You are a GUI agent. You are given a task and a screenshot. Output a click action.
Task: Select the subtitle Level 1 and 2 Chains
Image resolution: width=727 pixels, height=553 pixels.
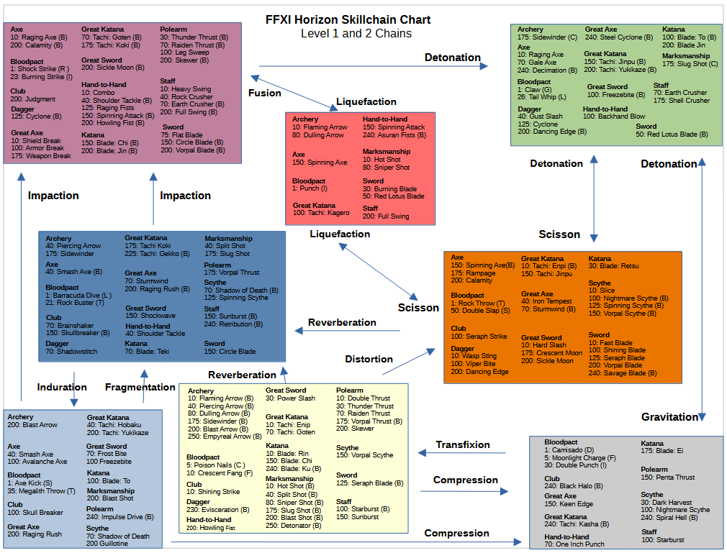[x=356, y=34]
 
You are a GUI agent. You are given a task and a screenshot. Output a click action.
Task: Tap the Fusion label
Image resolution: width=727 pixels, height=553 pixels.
[x=264, y=93]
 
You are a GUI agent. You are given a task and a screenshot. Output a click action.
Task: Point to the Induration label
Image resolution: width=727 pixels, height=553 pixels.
[x=62, y=388]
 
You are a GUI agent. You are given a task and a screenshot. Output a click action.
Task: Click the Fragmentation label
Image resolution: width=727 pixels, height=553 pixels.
[x=140, y=388]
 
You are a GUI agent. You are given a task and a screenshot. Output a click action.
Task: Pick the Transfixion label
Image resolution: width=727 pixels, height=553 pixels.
[x=462, y=445]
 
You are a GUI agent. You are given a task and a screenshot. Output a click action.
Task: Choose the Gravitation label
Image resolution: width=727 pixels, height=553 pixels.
[x=669, y=417]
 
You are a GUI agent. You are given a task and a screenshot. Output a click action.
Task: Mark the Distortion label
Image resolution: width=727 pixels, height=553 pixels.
[x=369, y=359]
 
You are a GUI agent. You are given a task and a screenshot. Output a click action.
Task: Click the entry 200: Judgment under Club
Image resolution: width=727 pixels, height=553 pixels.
[x=33, y=99]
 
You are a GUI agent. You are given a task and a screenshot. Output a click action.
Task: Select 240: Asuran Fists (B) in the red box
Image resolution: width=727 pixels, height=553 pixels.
[x=394, y=135]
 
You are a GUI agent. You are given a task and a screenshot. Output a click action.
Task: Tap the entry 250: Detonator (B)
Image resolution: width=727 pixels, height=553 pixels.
[x=294, y=526]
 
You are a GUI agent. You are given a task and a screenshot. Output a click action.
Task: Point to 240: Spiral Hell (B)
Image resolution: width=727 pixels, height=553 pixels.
[x=669, y=518]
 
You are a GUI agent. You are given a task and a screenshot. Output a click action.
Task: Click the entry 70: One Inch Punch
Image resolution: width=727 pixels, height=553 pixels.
[x=574, y=544]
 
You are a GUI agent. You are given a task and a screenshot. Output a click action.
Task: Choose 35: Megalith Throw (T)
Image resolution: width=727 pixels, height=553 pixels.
[x=42, y=491]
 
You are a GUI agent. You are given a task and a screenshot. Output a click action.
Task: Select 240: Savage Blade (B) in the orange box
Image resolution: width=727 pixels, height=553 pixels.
[x=628, y=373]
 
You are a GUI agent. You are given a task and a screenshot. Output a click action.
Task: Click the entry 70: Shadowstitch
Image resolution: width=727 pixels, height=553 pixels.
[x=71, y=352]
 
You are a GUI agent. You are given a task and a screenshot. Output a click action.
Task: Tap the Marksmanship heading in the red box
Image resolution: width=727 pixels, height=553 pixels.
[x=387, y=152]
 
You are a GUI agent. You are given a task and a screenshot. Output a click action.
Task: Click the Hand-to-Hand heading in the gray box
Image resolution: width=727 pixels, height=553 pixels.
[x=567, y=536]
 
